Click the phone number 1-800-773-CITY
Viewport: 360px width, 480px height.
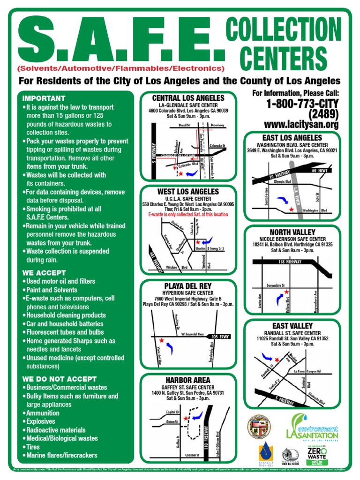click(302, 104)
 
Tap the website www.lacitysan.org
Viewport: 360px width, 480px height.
click(301, 124)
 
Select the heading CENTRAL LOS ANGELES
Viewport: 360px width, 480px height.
click(188, 98)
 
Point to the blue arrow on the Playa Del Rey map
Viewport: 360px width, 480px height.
click(170, 348)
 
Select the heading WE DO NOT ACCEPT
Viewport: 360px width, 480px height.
click(59, 379)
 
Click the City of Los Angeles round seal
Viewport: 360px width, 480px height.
click(259, 427)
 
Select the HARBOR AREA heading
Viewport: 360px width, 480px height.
click(187, 380)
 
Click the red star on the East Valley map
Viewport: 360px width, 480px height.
click(277, 359)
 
